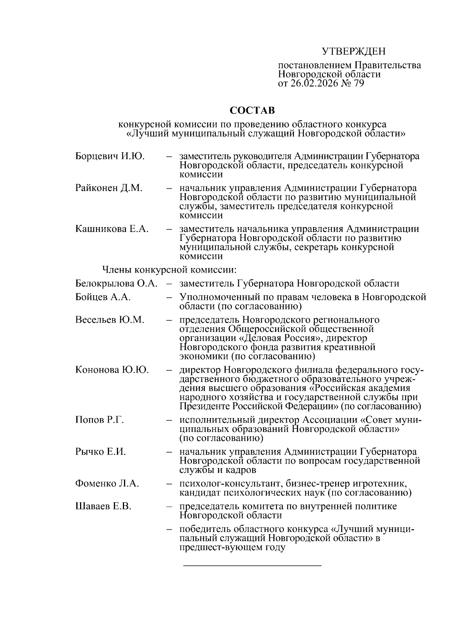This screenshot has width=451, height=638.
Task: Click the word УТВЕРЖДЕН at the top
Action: tap(354, 52)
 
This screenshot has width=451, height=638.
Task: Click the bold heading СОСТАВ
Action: tap(252, 111)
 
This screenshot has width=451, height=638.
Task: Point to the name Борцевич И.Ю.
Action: tap(110, 156)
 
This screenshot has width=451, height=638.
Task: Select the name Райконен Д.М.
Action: tap(109, 188)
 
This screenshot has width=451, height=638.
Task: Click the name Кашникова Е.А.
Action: tap(112, 229)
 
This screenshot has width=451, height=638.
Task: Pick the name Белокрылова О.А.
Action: tap(116, 283)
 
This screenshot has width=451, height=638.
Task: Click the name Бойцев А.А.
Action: tap(103, 297)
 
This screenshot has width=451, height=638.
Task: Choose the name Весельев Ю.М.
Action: tap(109, 320)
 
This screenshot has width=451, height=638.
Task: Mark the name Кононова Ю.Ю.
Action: tap(112, 370)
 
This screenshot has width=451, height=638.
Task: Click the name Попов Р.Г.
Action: tap(99, 420)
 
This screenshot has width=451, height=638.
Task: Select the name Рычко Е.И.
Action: tap(100, 452)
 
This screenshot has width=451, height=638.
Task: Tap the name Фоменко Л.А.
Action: tap(107, 483)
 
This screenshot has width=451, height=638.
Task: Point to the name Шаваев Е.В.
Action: tap(103, 506)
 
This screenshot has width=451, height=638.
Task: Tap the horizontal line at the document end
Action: tap(252, 565)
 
